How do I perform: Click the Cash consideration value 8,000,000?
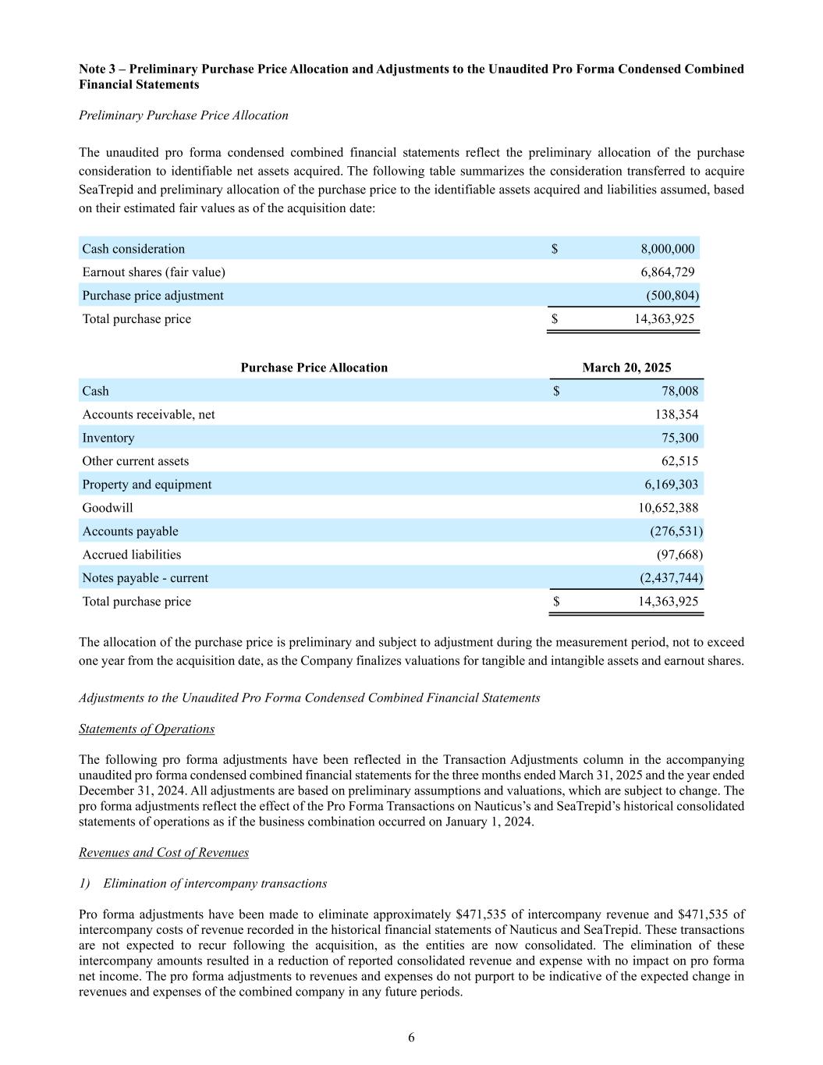coord(667,249)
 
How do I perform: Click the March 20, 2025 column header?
coord(626,367)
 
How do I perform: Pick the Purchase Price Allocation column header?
coord(314,367)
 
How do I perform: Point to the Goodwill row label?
coord(108,508)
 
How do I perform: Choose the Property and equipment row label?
coord(147,485)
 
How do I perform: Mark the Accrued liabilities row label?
coord(131,555)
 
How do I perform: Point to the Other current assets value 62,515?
coord(679,461)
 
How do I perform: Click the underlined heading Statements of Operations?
coord(147,729)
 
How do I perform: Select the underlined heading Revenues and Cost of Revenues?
coord(164,852)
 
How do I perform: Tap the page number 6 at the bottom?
coord(411,1037)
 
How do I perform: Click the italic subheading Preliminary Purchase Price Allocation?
coord(183,115)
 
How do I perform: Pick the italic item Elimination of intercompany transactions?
coord(215,883)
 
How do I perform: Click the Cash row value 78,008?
coord(679,391)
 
